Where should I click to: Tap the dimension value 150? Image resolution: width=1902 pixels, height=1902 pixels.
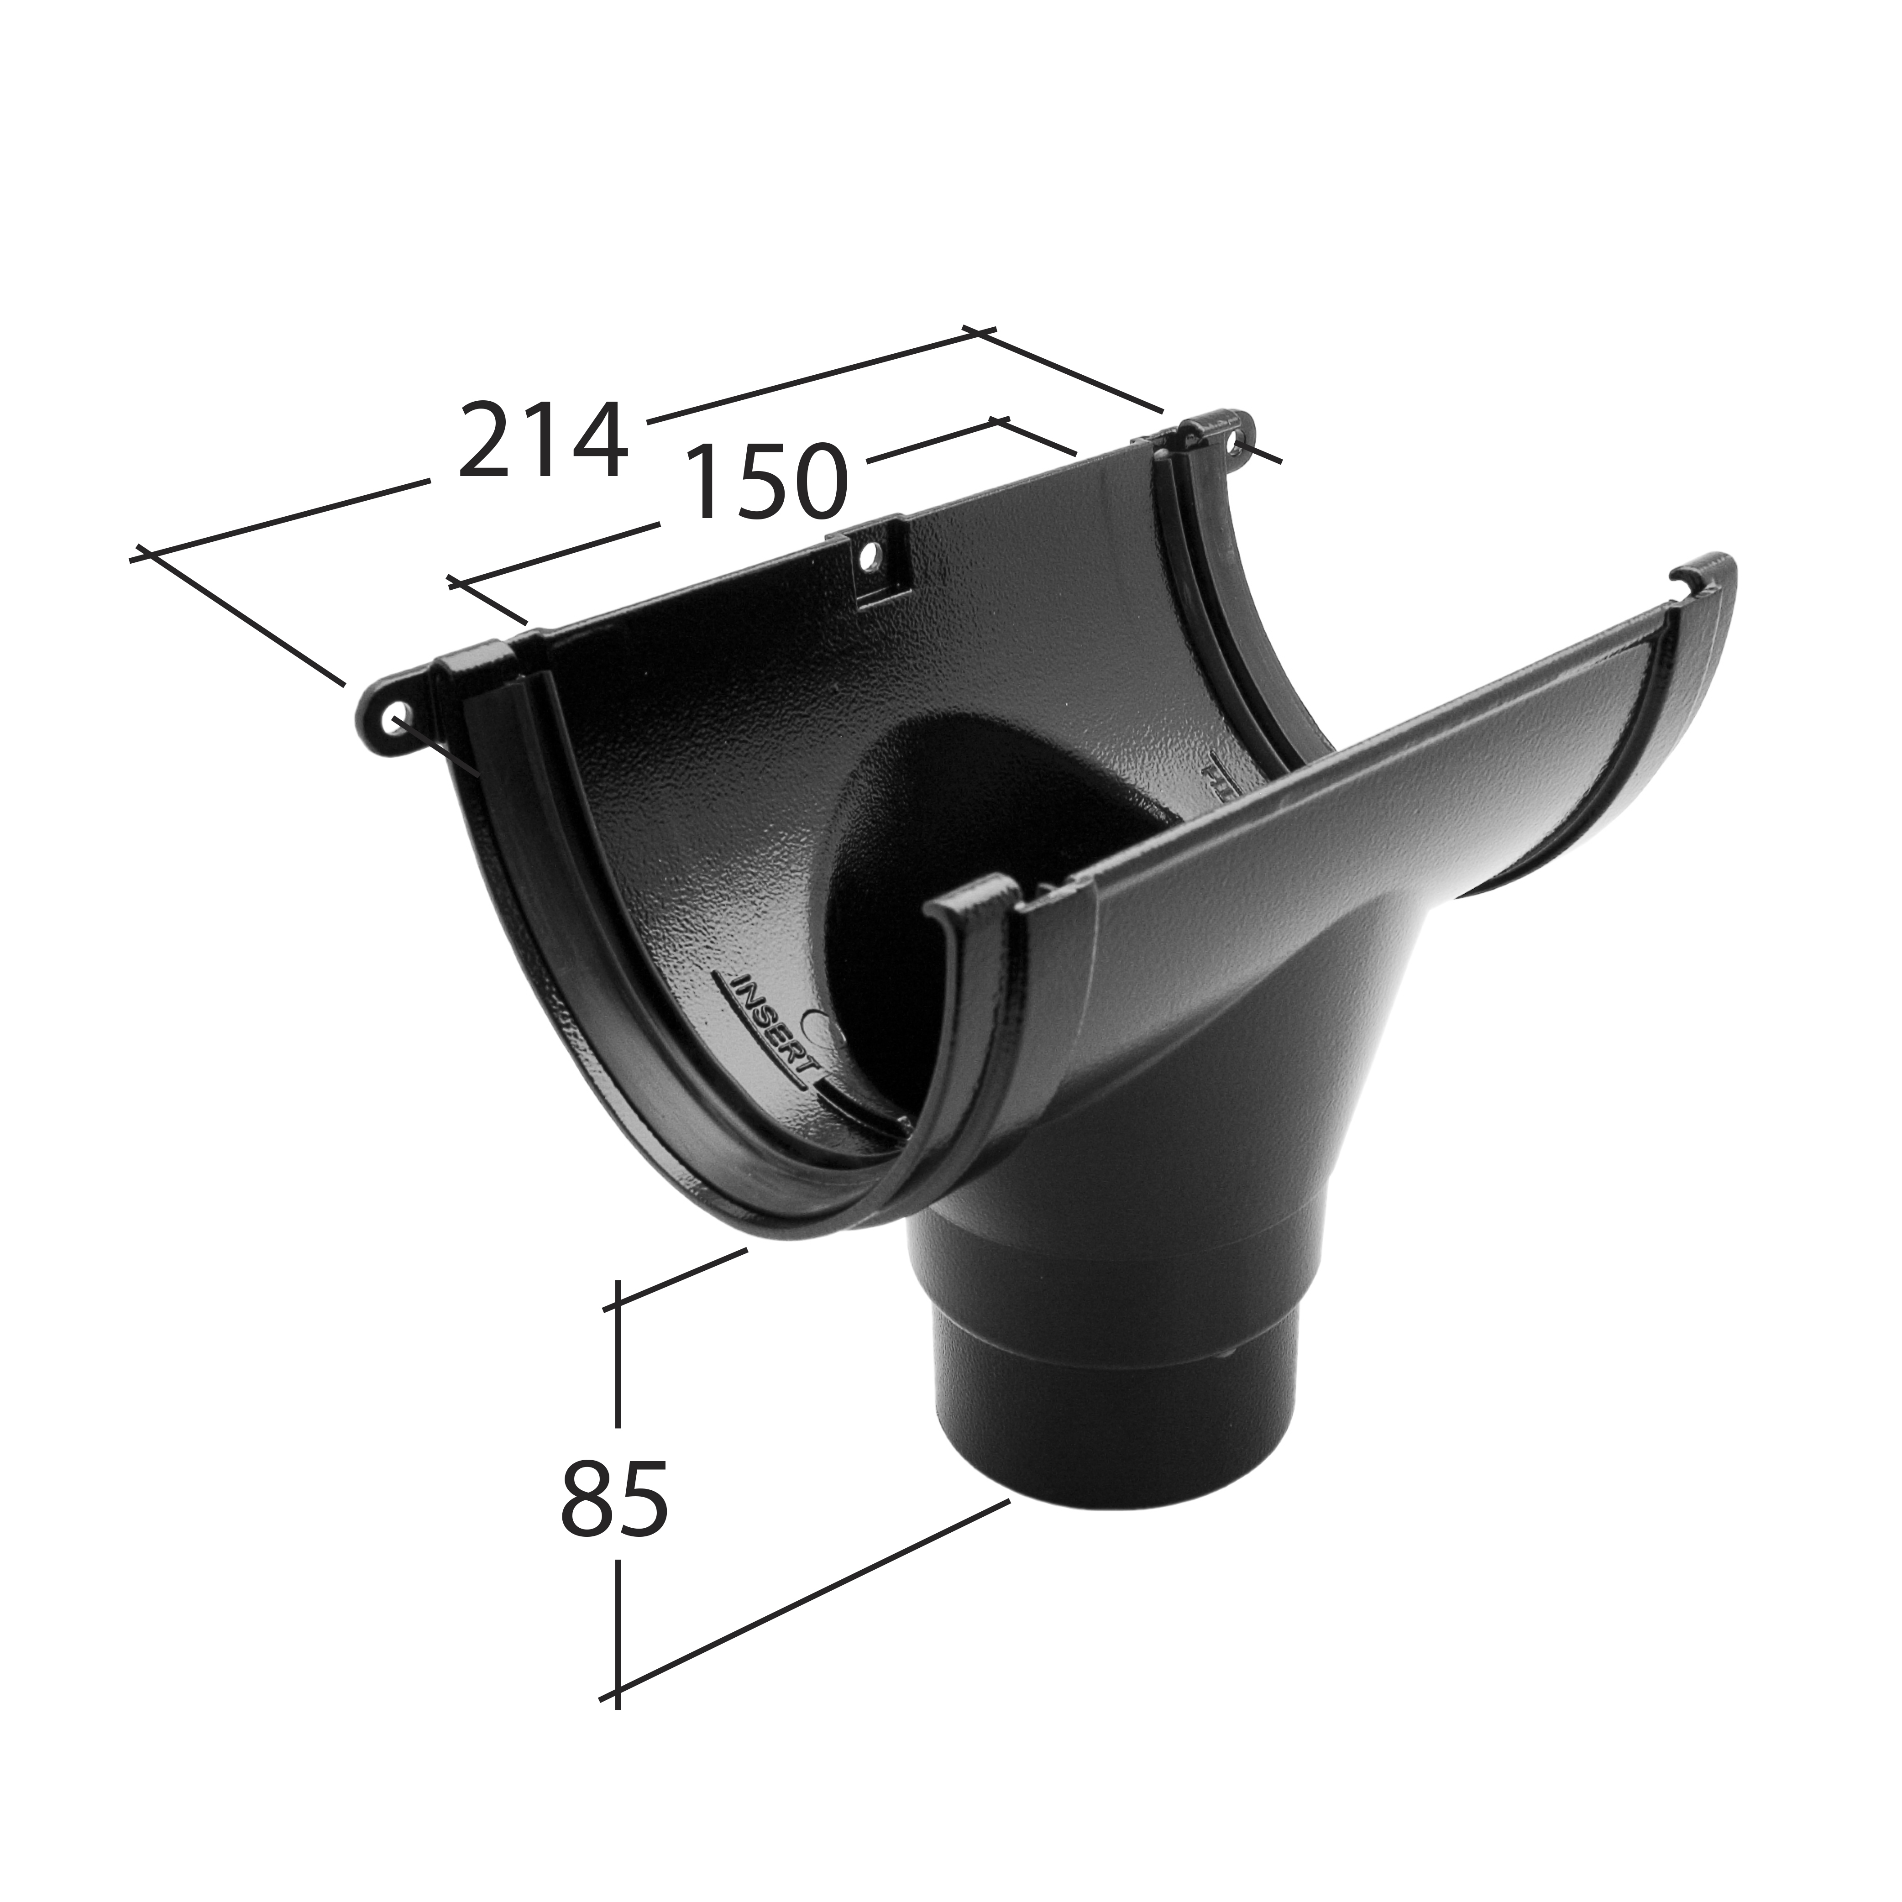765,481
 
